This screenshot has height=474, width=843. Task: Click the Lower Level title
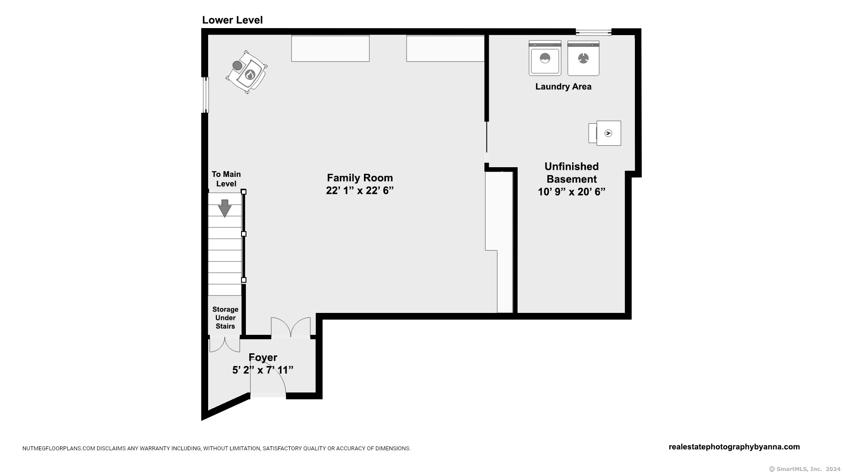[232, 20]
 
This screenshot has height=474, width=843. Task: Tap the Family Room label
[360, 178]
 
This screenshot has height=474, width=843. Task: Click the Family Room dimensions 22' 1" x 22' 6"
[360, 190]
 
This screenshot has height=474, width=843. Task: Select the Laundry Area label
[563, 86]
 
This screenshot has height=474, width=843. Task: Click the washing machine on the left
[544, 58]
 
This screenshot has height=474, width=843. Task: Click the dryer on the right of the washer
[583, 58]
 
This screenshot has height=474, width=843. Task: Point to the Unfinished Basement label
[571, 172]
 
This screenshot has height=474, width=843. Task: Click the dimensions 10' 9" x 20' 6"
[571, 192]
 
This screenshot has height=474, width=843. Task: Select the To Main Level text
[226, 179]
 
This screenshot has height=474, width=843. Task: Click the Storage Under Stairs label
[225, 318]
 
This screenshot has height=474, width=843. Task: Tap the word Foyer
[263, 357]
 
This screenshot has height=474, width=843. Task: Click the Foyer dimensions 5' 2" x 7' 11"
[263, 370]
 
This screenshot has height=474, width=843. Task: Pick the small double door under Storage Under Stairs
[224, 344]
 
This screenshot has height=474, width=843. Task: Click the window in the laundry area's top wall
[593, 32]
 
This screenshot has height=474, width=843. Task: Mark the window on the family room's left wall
[205, 95]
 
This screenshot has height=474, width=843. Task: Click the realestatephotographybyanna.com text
[734, 447]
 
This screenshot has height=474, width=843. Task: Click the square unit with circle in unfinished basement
[608, 133]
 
